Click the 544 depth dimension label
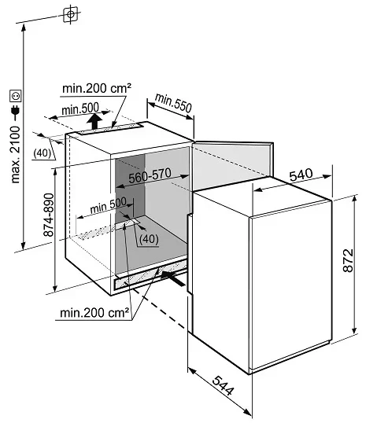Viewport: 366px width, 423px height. pos(223,385)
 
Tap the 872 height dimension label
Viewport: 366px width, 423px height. pos(348,260)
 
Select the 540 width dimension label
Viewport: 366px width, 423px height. pos(301,175)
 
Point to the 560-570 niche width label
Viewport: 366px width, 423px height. pos(150,175)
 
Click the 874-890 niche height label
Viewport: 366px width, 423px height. pos(49,215)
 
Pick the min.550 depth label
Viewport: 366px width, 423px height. pos(173,102)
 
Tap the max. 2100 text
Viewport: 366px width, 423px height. pos(16,155)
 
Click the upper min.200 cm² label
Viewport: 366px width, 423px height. pos(97,88)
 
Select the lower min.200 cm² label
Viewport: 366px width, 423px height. pos(94,313)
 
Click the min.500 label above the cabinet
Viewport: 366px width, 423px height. pos(80,109)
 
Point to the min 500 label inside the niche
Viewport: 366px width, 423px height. pos(108,205)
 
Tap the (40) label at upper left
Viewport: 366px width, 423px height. pos(43,153)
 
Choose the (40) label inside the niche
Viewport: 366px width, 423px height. pos(149,238)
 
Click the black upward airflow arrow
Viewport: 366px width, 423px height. pos(94,121)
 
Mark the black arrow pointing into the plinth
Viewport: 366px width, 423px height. pos(173,278)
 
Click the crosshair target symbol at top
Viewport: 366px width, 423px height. pos(71,14)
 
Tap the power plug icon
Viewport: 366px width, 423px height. pos(16,111)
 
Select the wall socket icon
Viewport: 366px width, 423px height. pos(16,96)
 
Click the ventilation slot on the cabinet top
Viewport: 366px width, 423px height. pos(111,129)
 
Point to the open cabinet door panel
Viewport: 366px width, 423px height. pos(232,164)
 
